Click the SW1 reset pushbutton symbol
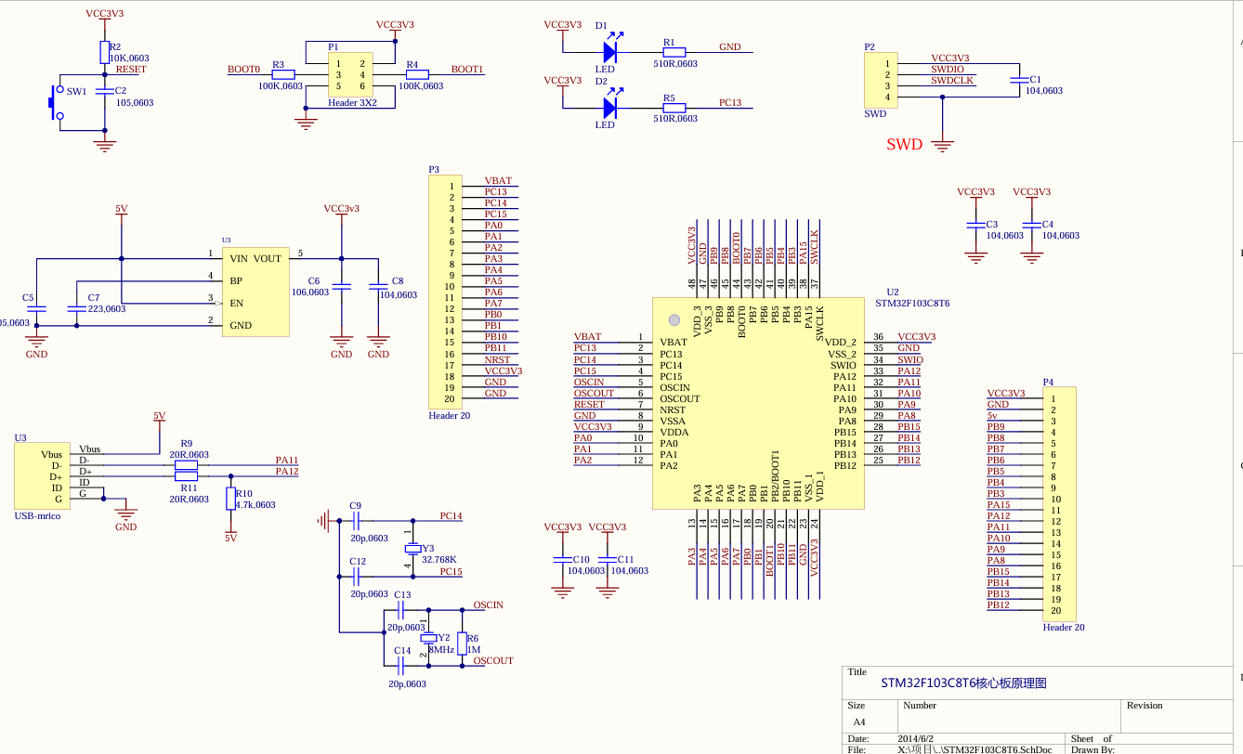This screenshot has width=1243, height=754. (x=55, y=103)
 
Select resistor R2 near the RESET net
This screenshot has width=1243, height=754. (x=103, y=52)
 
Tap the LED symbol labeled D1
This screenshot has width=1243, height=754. (x=610, y=52)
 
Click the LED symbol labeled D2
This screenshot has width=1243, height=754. (x=610, y=109)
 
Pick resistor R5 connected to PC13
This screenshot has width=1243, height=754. (x=674, y=109)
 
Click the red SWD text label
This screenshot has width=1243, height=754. (x=904, y=144)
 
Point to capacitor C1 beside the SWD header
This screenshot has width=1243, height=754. (x=1018, y=81)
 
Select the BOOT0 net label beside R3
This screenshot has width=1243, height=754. (x=243, y=70)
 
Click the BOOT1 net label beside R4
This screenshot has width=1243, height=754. (x=466, y=70)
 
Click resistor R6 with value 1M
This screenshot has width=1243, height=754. (x=463, y=643)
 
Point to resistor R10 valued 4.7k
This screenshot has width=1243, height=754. (x=230, y=500)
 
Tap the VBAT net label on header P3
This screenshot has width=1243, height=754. (x=498, y=181)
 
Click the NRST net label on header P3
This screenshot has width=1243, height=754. (x=497, y=359)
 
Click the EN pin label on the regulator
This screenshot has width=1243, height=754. (x=236, y=303)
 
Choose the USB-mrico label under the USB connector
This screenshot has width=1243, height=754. (x=37, y=515)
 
